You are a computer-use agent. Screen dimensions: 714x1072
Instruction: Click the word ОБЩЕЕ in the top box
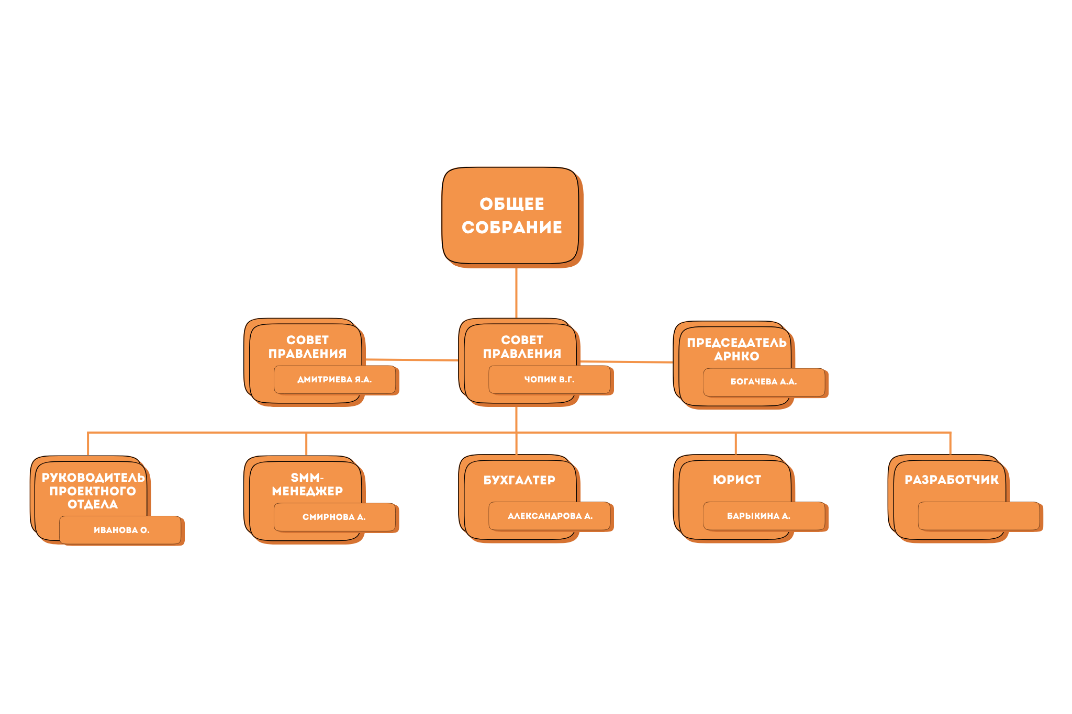pyautogui.click(x=511, y=204)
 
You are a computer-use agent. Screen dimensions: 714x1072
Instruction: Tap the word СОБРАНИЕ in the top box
pyautogui.click(x=511, y=228)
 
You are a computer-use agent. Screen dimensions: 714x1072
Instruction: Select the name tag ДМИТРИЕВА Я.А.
pyautogui.click(x=334, y=379)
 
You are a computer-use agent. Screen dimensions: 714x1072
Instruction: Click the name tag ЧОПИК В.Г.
pyautogui.click(x=549, y=379)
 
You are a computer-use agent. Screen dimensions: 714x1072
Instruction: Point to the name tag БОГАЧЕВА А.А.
pyautogui.click(x=764, y=382)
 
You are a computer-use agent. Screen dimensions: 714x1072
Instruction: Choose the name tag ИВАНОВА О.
pyautogui.click(x=121, y=530)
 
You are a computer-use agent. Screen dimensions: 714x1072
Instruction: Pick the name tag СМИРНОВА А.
pyautogui.click(x=334, y=517)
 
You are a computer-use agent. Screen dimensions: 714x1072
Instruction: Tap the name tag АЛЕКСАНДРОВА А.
pyautogui.click(x=550, y=516)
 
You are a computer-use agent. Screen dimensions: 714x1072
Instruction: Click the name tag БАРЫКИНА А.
pyautogui.click(x=758, y=516)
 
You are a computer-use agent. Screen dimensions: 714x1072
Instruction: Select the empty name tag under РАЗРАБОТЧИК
pyautogui.click(x=978, y=516)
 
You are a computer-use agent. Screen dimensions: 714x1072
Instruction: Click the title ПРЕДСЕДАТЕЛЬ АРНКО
pyautogui.click(x=736, y=349)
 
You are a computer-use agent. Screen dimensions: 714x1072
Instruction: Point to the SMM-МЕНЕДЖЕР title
pyautogui.click(x=307, y=484)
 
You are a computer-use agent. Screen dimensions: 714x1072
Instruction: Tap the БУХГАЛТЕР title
pyautogui.click(x=519, y=480)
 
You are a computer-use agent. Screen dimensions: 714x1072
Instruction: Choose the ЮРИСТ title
pyautogui.click(x=736, y=480)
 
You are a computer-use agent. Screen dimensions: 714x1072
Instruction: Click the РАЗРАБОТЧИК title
pyautogui.click(x=951, y=480)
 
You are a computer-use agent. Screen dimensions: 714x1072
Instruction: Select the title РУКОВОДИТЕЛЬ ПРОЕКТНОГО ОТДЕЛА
pyautogui.click(x=93, y=491)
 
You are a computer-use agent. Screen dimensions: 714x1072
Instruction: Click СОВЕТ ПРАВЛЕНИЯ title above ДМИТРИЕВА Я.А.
pyautogui.click(x=307, y=347)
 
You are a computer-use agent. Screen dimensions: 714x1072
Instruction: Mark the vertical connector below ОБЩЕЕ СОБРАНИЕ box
pyautogui.click(x=516, y=293)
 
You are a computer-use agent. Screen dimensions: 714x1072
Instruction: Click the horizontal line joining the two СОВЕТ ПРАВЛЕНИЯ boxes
pyautogui.click(x=412, y=360)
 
